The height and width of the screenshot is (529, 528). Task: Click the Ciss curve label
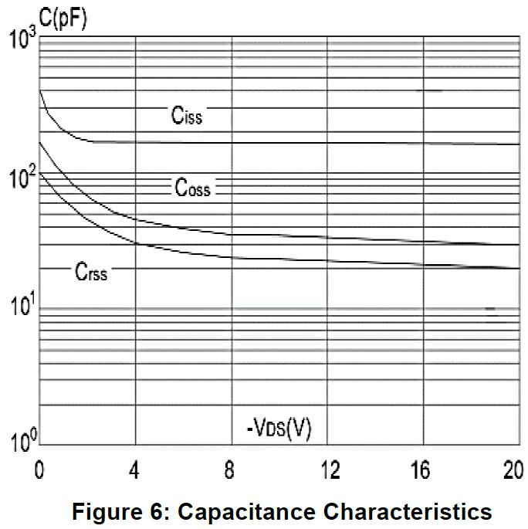pyautogui.click(x=187, y=117)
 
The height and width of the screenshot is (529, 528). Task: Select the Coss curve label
pyautogui.click(x=191, y=188)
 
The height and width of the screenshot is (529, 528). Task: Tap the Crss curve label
pyautogui.click(x=91, y=271)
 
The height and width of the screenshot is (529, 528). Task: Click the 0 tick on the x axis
pyautogui.click(x=39, y=470)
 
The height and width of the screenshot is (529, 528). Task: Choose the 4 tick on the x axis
pyautogui.click(x=136, y=470)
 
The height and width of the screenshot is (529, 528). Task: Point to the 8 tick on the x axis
pyautogui.click(x=231, y=470)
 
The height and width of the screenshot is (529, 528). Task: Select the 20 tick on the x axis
pyautogui.click(x=513, y=470)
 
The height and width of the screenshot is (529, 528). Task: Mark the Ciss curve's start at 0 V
pyautogui.click(x=39, y=90)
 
